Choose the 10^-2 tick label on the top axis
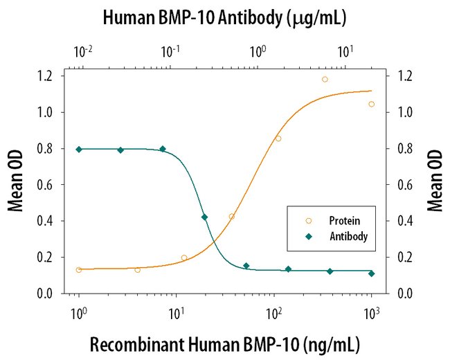coord(83,50)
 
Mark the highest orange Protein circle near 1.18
coord(325,79)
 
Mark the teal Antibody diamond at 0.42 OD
coord(204,217)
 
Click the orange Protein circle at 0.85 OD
coord(278,138)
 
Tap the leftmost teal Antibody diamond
coord(79,150)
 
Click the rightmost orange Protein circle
coord(372,104)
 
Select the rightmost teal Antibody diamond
coord(372,273)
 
